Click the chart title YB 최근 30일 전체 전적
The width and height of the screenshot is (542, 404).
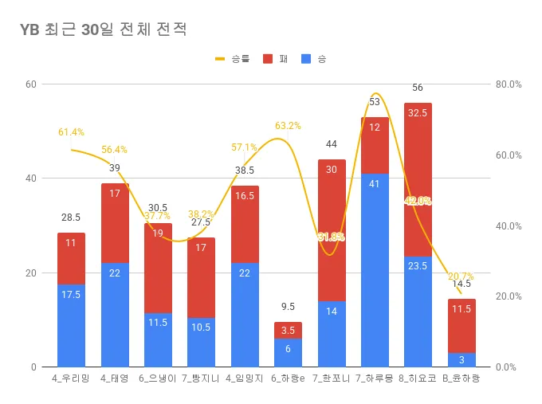coord(104,30)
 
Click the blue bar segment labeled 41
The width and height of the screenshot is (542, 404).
coord(375,270)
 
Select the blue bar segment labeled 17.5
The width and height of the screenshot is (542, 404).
coord(71,325)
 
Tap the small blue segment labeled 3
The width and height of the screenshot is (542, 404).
coord(461,359)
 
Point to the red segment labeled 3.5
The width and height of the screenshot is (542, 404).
coord(288,330)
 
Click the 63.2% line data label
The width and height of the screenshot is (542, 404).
coord(288,126)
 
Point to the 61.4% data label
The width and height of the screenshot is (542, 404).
coord(71,132)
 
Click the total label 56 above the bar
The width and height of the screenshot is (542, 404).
coord(418,88)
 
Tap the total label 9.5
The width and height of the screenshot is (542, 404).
coord(288,307)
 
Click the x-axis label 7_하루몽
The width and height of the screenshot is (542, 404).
coord(374,379)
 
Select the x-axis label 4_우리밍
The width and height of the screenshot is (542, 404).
coord(71,379)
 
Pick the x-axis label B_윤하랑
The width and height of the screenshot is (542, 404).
coord(461,379)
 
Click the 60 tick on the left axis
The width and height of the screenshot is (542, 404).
coord(31,84)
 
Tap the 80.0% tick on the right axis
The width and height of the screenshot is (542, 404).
coord(508,84)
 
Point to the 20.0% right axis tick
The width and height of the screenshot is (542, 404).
coord(508,296)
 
